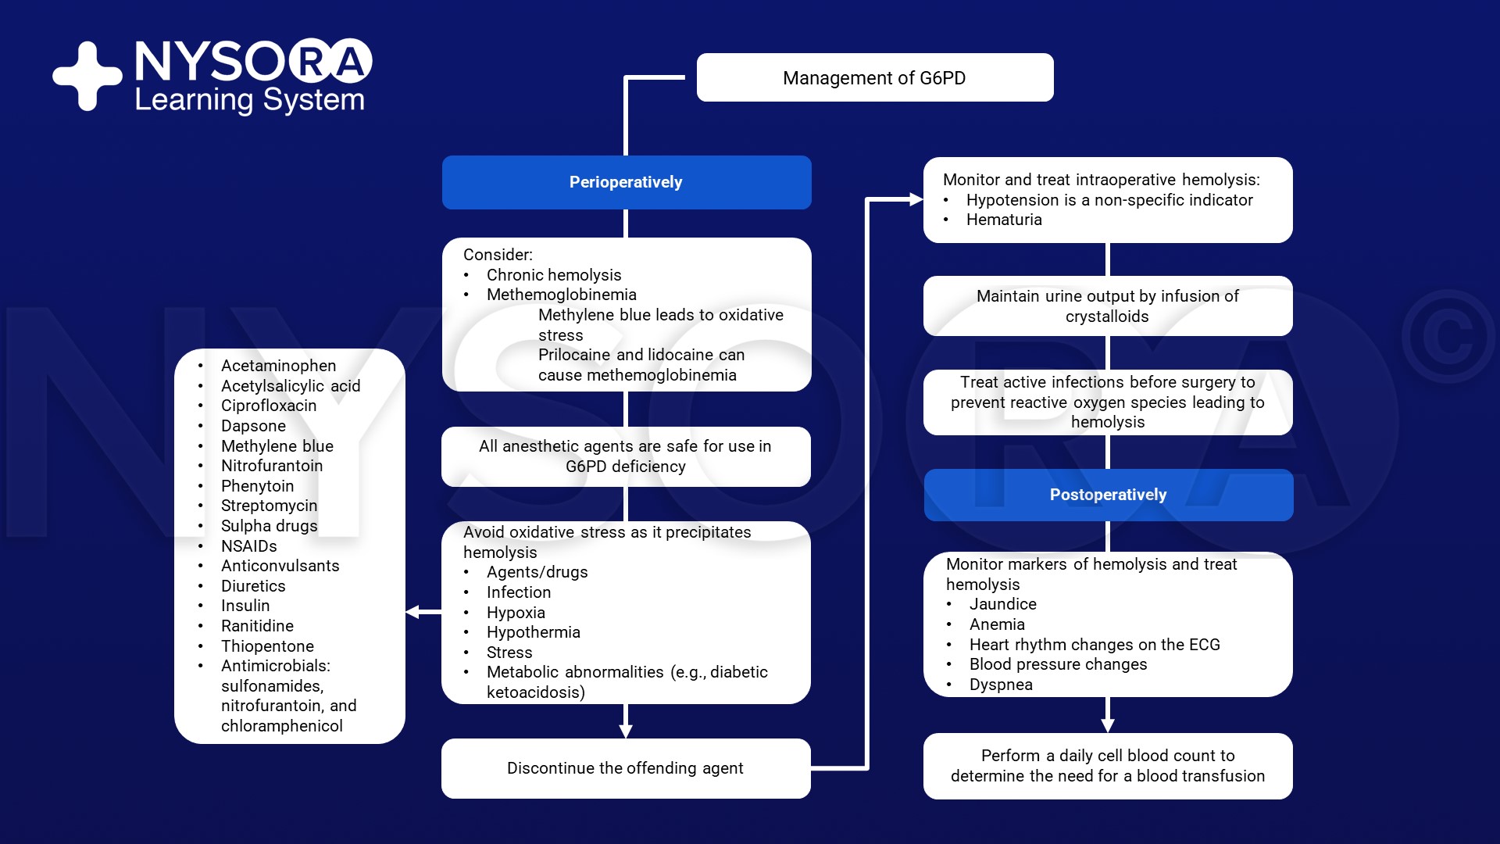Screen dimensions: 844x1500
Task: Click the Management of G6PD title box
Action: point(874,77)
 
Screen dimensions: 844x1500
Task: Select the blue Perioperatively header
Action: point(626,182)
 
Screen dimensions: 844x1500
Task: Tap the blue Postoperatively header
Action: point(1108,495)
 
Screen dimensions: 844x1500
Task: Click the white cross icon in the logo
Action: point(87,76)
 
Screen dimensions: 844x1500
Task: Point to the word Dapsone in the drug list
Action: point(253,426)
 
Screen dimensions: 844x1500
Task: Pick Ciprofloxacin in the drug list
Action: point(269,406)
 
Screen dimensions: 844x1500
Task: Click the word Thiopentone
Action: point(267,646)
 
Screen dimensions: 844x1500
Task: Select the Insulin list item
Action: point(245,606)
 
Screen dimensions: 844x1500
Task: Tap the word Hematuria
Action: point(1004,220)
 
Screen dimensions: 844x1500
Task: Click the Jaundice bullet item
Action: point(1002,604)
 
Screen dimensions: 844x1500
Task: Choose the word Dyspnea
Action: point(1001,685)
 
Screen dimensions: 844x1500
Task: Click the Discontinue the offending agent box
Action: point(626,768)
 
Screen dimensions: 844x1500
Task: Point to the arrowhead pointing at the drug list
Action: point(412,612)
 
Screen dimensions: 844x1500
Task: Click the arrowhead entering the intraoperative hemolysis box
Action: point(916,199)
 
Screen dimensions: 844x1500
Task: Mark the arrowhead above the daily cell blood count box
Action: point(1107,725)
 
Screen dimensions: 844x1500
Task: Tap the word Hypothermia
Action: point(533,632)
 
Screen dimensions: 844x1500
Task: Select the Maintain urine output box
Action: point(1108,306)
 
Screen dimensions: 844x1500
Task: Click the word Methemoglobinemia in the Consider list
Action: point(561,295)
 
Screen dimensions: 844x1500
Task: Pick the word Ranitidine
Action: point(257,626)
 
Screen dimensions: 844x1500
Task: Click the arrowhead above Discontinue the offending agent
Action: point(626,731)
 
